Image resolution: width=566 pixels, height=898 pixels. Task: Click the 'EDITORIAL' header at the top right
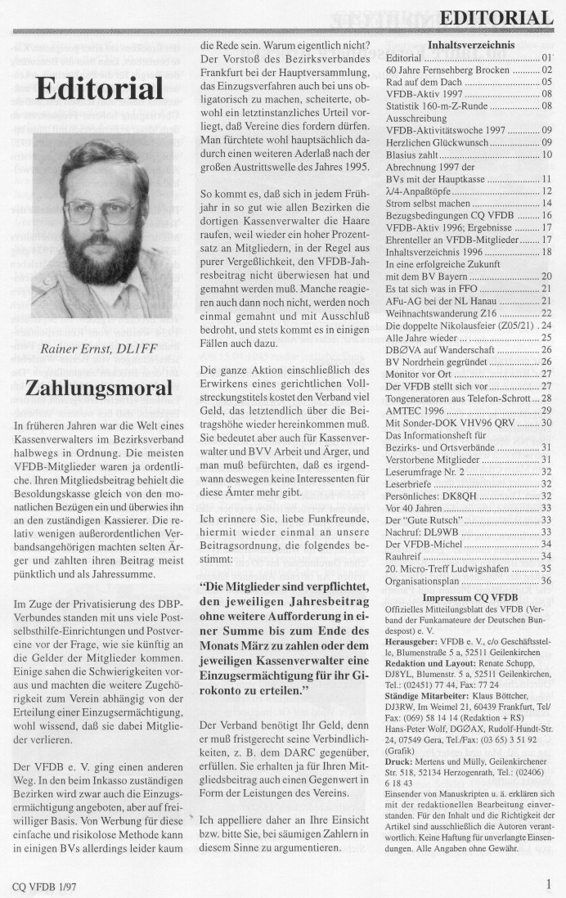[x=496, y=17]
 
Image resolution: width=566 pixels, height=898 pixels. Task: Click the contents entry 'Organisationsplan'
[x=425, y=580]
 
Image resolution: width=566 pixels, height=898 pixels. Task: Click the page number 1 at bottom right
[x=548, y=882]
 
